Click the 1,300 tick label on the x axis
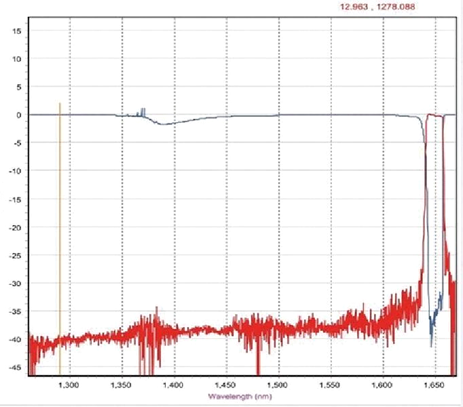(70, 383)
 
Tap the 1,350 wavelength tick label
(122, 383)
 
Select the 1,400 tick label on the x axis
(174, 383)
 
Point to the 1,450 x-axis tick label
(227, 383)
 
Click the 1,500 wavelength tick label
(279, 383)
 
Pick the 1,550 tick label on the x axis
(331, 383)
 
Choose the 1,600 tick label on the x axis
(383, 383)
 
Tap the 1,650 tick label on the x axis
(435, 383)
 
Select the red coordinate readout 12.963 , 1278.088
(377, 7)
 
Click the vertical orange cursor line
(60, 237)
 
